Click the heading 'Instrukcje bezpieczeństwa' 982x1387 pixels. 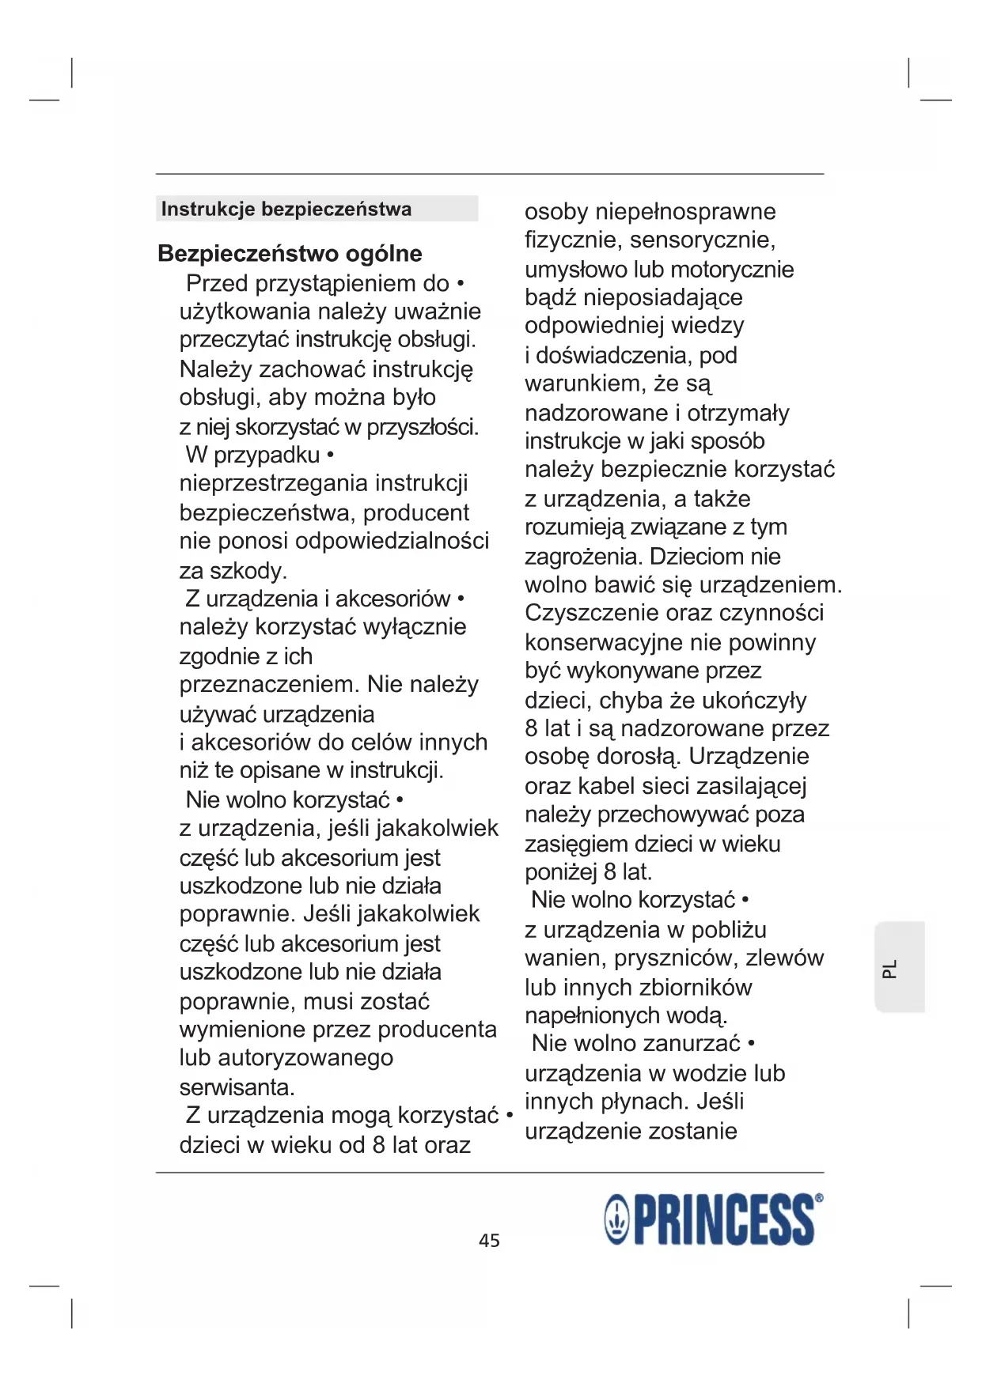coord(286,210)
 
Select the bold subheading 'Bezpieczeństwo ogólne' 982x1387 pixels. coord(290,254)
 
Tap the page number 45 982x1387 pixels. coord(489,1240)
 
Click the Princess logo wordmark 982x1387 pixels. coord(723,1220)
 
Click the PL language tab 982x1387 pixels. coord(890,968)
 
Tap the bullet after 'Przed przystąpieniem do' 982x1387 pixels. coord(461,284)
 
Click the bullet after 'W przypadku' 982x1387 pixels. coord(330,455)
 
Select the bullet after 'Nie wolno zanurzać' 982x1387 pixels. coord(751,1044)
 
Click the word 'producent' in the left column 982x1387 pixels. coord(416,513)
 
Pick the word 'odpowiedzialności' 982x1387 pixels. coord(392,542)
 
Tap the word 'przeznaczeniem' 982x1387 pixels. coord(269,685)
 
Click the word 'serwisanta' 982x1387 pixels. coord(236,1087)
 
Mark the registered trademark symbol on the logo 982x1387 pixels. coord(818,1198)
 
